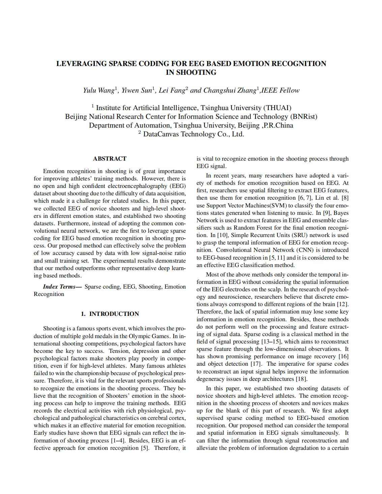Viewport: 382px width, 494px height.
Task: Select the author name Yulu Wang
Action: [99, 90]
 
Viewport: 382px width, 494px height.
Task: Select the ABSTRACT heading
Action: [110, 159]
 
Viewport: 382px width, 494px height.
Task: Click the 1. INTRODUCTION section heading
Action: [110, 314]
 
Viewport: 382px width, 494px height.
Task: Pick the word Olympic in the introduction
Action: [139, 336]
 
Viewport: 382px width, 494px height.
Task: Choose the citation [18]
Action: [300, 379]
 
